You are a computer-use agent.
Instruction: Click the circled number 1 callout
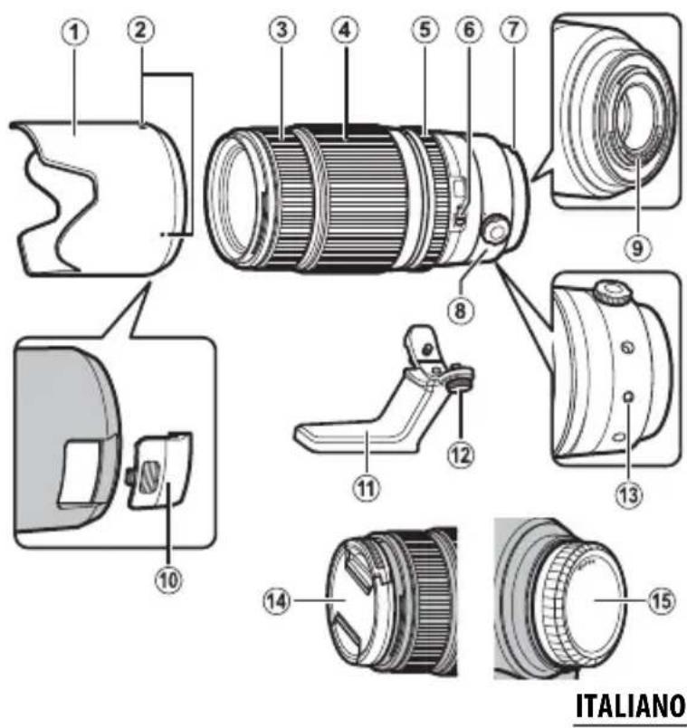click(x=79, y=33)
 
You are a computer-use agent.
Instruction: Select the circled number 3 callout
click(x=282, y=31)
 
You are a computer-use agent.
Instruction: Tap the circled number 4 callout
click(x=343, y=31)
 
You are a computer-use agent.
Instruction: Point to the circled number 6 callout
click(x=468, y=31)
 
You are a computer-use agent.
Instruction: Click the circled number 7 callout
click(x=512, y=31)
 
